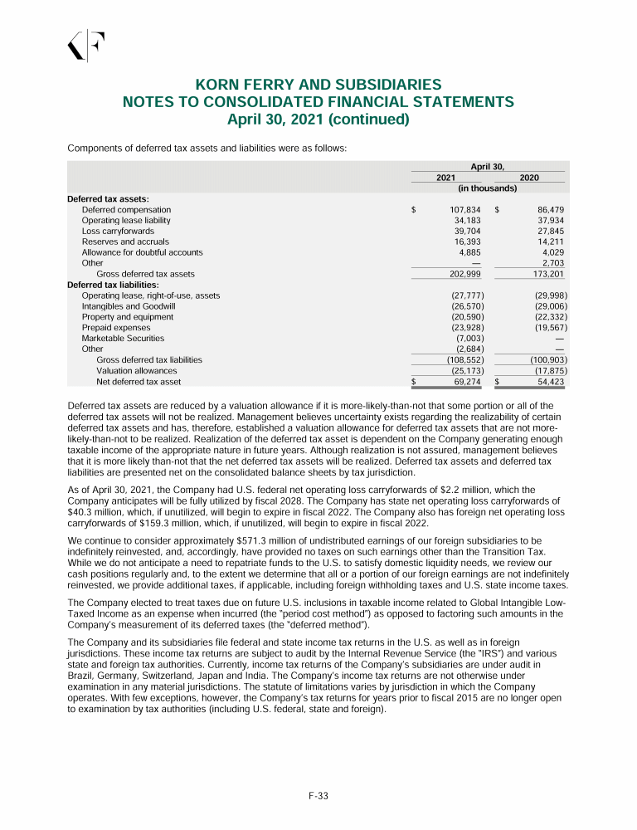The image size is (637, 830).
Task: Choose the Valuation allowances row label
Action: [136, 371]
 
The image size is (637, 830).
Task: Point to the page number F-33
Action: [318, 796]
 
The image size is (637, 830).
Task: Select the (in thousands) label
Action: [488, 188]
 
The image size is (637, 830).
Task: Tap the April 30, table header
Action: [488, 167]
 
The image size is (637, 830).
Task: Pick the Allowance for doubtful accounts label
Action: [142, 252]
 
